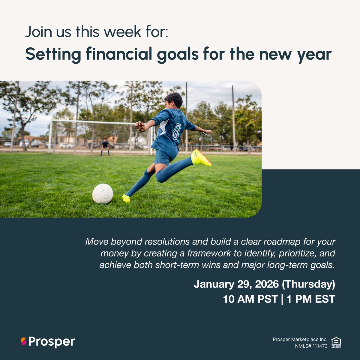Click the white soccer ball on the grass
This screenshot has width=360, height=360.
click(103, 193)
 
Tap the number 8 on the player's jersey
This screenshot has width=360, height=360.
click(177, 131)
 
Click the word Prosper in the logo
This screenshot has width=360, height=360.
click(52, 341)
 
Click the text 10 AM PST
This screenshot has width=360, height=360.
click(250, 299)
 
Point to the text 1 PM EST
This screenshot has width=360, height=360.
click(311, 299)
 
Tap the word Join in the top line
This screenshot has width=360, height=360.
click(36, 32)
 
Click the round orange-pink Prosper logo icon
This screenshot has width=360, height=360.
click(23, 341)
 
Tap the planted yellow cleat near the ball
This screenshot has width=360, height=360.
click(126, 199)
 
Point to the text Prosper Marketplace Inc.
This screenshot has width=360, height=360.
click(300, 339)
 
